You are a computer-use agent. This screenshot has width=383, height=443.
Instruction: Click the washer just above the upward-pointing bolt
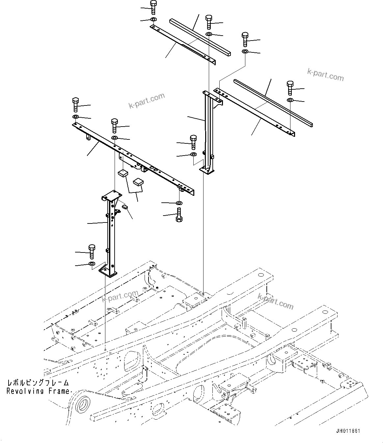[x=179, y=202]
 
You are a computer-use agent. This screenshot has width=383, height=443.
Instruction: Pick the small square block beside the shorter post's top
[x=125, y=207]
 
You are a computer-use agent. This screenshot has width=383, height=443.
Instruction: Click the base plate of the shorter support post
[x=108, y=271]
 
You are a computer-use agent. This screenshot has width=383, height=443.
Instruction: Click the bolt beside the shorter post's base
[x=92, y=252]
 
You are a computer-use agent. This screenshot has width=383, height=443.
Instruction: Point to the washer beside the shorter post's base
[x=92, y=264]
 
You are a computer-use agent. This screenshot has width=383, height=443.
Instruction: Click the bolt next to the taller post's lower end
[x=193, y=141]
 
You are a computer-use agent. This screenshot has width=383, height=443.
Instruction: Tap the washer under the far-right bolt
[x=290, y=100]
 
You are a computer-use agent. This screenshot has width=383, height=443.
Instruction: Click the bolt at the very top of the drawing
[x=153, y=7]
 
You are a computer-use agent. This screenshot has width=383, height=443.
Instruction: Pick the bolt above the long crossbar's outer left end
[x=75, y=104]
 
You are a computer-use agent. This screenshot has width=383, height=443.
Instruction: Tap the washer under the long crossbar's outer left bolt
[x=75, y=117]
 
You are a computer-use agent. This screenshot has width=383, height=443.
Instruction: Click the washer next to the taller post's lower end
[x=194, y=155]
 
